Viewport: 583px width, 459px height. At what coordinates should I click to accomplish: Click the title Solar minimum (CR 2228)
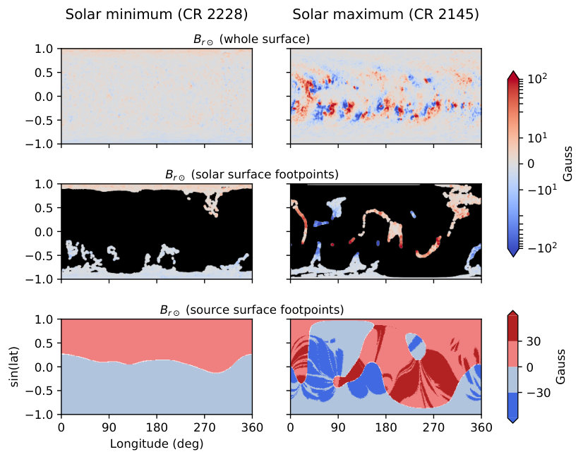[157, 15]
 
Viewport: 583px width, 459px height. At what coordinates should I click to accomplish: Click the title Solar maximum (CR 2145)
[385, 15]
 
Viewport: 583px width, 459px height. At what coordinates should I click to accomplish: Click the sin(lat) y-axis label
[15, 367]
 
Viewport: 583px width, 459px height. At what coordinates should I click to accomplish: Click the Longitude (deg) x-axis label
[157, 443]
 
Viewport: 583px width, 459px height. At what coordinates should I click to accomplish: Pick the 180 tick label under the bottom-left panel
[157, 427]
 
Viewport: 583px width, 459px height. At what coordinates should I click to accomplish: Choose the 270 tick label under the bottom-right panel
[433, 427]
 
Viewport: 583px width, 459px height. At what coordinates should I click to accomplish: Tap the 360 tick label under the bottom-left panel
[252, 427]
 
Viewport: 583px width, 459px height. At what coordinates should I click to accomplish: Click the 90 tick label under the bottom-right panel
[338, 427]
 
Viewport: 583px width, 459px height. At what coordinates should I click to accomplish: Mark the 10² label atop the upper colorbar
[537, 79]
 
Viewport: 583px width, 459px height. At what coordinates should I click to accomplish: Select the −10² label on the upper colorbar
[542, 247]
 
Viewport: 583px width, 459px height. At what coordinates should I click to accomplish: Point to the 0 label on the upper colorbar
[531, 164]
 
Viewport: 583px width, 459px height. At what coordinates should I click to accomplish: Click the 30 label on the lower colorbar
[534, 342]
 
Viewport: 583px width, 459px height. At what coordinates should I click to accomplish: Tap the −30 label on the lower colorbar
[539, 393]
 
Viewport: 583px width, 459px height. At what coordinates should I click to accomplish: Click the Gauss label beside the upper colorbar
[567, 164]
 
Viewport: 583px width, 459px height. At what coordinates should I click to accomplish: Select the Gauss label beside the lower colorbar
[560, 367]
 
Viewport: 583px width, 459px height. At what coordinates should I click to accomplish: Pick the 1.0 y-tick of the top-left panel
[44, 49]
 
